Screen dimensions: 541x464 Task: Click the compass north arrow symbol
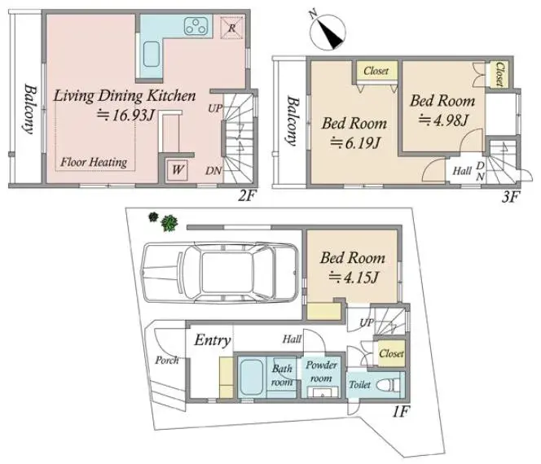coord(328,32)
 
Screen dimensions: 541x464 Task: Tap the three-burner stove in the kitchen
coord(197,26)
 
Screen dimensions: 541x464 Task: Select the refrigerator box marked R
coord(232,27)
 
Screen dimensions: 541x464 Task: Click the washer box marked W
coord(178,169)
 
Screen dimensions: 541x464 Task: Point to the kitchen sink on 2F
coord(152,55)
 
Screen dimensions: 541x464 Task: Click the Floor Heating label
coord(94,162)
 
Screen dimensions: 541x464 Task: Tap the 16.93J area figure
coord(125,116)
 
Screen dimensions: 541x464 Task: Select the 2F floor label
coord(246,196)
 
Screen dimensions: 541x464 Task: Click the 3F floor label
coord(511,197)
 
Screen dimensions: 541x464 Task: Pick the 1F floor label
coord(401,412)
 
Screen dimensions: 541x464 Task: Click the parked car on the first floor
coord(221,273)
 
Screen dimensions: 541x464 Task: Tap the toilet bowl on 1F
coord(388,385)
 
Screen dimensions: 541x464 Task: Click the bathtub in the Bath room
coord(250,377)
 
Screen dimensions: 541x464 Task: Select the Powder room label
coord(321,372)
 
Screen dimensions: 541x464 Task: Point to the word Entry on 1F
coord(213,340)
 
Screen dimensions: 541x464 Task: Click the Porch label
coord(167,361)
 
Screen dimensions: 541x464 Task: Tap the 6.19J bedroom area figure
coord(355,142)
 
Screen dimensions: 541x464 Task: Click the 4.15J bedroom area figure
coord(354,277)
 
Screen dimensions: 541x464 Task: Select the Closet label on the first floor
coord(391,353)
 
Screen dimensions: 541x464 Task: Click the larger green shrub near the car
coord(169,223)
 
